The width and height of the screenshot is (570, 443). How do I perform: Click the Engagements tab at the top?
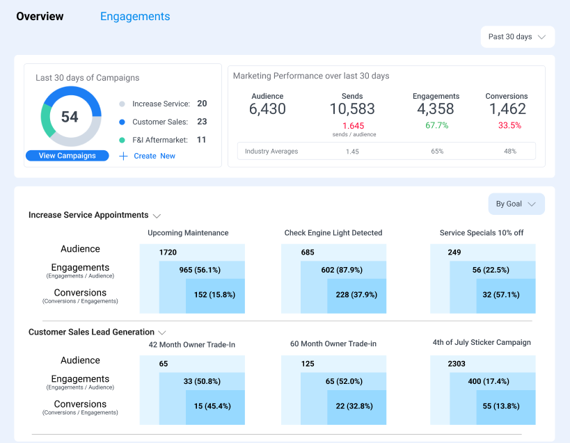[135, 16]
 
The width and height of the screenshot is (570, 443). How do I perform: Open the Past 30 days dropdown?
[517, 37]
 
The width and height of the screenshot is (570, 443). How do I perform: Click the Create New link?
[148, 156]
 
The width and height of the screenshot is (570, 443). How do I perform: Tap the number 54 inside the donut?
[70, 117]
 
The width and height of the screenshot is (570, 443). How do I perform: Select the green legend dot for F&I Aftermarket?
[122, 140]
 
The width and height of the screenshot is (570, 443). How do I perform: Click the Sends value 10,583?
[352, 109]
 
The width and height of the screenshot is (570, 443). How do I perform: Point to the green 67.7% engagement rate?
[436, 125]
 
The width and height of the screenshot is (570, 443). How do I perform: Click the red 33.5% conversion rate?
[509, 125]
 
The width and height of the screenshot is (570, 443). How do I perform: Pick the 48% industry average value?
[510, 152]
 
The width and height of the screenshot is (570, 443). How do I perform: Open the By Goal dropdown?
[516, 204]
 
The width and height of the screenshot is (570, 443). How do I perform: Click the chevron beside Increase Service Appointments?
[157, 216]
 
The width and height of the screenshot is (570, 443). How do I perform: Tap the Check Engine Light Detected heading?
[333, 233]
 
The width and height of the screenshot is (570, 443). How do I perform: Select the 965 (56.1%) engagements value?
[200, 270]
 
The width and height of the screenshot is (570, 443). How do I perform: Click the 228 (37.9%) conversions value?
[356, 294]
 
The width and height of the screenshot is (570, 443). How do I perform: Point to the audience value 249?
[454, 252]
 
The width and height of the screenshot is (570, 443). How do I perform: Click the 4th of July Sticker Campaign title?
[482, 342]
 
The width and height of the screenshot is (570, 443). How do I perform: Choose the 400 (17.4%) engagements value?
[489, 381]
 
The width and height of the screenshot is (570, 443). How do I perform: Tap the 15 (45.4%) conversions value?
[212, 406]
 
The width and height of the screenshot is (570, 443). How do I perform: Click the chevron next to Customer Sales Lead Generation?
[162, 332]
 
